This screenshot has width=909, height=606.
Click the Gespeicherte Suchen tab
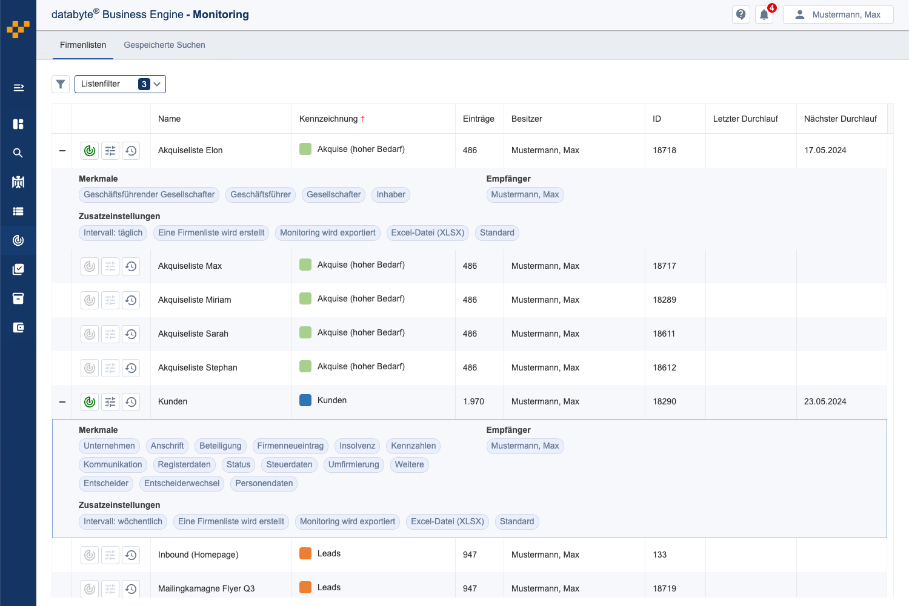click(164, 45)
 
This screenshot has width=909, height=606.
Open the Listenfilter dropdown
click(120, 84)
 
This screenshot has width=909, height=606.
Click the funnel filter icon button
click(61, 84)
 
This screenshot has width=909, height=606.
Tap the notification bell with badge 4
click(764, 15)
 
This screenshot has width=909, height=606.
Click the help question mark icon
click(741, 15)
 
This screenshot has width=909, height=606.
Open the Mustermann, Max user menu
click(838, 15)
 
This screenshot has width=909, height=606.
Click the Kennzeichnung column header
click(329, 119)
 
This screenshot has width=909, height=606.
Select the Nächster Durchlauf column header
click(840, 119)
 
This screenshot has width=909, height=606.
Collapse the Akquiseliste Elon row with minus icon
click(62, 151)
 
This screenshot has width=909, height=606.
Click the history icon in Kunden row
click(131, 402)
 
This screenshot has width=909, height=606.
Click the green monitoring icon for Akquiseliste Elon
click(90, 151)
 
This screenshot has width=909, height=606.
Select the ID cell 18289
click(664, 300)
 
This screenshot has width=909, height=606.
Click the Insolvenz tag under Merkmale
click(357, 446)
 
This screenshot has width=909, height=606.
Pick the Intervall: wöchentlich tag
click(123, 522)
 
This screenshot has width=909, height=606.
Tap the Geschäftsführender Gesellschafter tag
click(149, 195)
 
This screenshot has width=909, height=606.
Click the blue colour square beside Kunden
click(305, 400)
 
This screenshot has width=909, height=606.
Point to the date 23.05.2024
click(825, 401)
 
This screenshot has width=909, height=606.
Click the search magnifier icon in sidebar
click(18, 153)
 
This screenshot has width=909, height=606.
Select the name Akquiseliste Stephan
click(198, 367)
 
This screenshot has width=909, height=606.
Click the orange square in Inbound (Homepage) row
click(305, 553)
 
